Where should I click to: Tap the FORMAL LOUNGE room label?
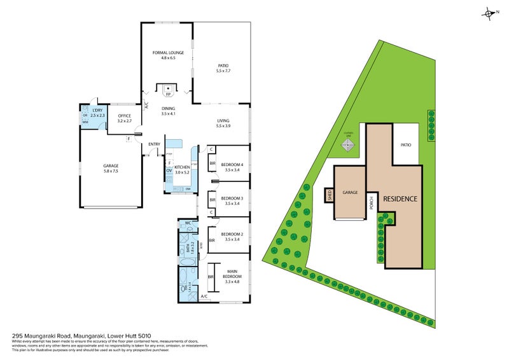point(168,55)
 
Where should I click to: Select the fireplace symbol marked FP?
point(168,90)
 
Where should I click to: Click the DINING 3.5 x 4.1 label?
point(168,111)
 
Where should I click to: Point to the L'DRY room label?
point(97,112)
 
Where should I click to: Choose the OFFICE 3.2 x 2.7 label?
point(124,118)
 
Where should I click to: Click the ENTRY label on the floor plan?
point(154,144)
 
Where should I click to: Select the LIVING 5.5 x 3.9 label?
point(223,123)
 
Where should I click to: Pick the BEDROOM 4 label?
point(232,167)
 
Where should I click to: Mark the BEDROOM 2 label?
point(232,237)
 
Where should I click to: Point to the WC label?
point(188,224)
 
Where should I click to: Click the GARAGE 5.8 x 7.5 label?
point(111,169)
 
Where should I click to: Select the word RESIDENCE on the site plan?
point(400,199)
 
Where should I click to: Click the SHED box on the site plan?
point(330,195)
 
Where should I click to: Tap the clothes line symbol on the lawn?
point(347,145)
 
